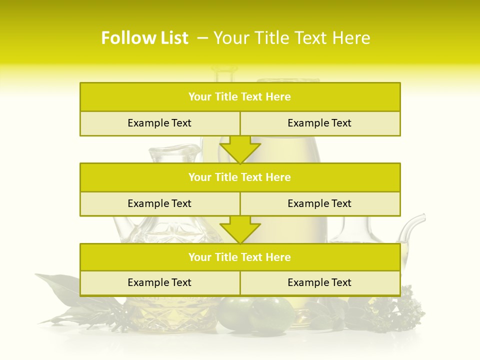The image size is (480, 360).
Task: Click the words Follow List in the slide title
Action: [x=144, y=38]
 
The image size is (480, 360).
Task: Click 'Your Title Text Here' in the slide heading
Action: [x=291, y=38]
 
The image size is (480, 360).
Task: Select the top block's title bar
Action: [x=240, y=97]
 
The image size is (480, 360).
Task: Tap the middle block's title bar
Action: [x=240, y=177]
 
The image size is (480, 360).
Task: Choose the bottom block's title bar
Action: [x=240, y=257]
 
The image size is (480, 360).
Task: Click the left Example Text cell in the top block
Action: [x=159, y=123]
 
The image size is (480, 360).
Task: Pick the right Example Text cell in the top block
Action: [x=320, y=123]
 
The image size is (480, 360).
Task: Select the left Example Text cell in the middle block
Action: [x=159, y=203]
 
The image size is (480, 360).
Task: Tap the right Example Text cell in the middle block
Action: [x=320, y=203]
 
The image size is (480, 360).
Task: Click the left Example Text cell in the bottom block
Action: [x=159, y=283]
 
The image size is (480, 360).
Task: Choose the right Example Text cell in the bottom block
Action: [x=320, y=283]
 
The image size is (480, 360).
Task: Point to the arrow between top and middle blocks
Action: [x=240, y=149]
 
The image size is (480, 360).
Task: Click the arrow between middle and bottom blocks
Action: [x=240, y=229]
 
